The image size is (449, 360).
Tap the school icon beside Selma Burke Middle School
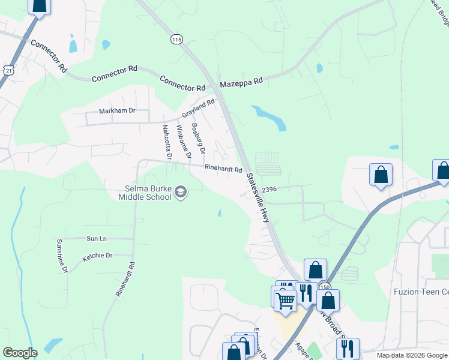pos(181,193)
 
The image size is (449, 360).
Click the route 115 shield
pos(176,39)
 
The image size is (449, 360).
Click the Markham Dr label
pos(117,111)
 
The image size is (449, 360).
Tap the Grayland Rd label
pos(199,109)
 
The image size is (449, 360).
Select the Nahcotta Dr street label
pos(167,142)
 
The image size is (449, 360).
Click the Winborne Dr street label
pos(183,142)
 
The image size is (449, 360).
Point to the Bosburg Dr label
pos(197,138)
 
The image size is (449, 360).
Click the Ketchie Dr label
pos(98,256)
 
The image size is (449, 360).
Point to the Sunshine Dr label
pos(62,256)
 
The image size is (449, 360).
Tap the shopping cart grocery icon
pos(286,298)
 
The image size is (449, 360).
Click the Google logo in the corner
pos(20,353)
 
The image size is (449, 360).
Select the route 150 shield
pos(324,287)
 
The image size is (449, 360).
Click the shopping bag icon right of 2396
pos(381,175)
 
